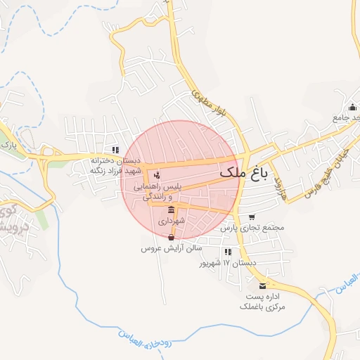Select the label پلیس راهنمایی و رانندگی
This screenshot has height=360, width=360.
162,192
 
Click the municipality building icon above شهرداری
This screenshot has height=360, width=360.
172,210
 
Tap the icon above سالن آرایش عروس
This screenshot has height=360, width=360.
172,237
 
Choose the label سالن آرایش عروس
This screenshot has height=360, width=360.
172,249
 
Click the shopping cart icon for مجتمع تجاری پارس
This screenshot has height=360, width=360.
252,217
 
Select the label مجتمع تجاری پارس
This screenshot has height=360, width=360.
252,228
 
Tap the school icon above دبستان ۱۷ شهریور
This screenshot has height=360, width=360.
227,251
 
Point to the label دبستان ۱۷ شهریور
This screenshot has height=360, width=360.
227,262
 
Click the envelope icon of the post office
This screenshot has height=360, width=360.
263,285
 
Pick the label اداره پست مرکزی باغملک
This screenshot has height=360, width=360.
263,301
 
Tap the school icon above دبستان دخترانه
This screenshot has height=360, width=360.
115,150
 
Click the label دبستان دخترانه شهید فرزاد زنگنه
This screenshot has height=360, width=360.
115,165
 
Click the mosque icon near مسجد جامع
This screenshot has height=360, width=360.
353,108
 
